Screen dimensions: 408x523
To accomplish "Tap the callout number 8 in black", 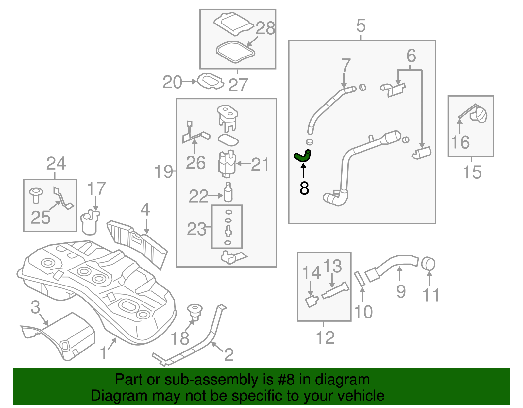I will tap(304, 188).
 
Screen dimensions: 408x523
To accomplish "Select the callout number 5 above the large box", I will tap(361, 25).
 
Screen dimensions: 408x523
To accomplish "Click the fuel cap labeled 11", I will tap(428, 264).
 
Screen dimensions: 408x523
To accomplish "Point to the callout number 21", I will tap(260, 164).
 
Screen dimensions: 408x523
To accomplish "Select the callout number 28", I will tap(265, 28).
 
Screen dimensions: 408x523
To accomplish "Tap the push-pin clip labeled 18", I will tap(195, 311).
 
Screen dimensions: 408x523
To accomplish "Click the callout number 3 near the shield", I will tap(35, 307).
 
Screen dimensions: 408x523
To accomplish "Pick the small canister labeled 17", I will tap(90, 223).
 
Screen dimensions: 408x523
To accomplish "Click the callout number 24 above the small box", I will tap(56, 164).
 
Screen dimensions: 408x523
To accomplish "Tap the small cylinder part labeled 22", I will tap(228, 193).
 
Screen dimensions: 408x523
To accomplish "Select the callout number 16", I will tap(460, 142).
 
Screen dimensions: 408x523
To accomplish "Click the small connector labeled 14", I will tap(312, 301).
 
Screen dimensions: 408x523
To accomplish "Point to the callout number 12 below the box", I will tap(325, 338).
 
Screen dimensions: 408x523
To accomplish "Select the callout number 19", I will tap(163, 171).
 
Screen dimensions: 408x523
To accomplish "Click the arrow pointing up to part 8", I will tap(304, 171).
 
